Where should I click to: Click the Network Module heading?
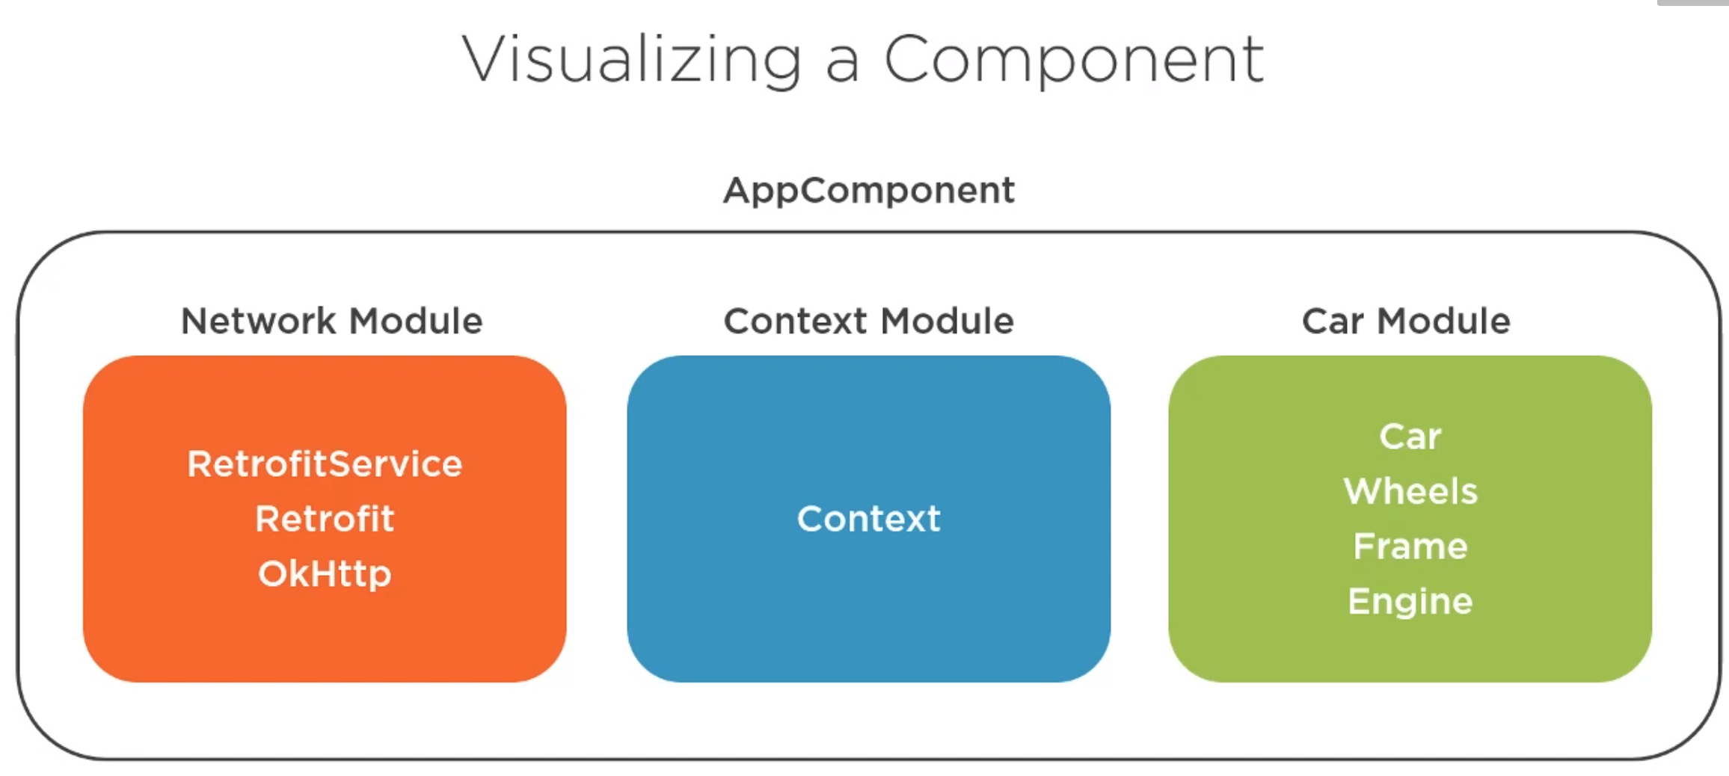click(332, 321)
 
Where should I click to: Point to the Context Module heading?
click(869, 321)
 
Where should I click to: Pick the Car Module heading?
click(1406, 321)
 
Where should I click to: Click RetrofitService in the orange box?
click(325, 464)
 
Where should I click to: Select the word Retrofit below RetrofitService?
click(325, 519)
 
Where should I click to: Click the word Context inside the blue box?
click(869, 519)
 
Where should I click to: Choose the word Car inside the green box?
click(1410, 437)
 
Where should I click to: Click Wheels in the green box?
click(1410, 492)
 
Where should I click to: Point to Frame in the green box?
click(1410, 546)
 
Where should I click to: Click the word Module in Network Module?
click(416, 321)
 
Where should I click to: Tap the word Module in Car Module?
click(1444, 321)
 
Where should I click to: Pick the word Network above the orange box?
click(259, 321)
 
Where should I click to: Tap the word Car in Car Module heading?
click(1333, 321)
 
